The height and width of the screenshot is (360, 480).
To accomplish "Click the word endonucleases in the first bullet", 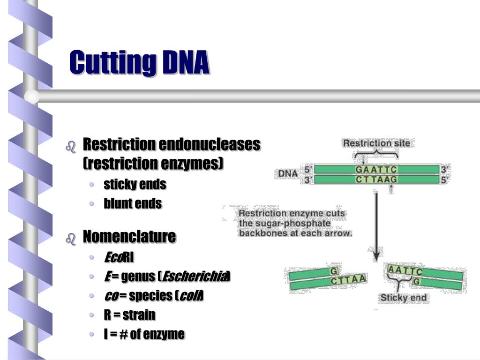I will point(210,144).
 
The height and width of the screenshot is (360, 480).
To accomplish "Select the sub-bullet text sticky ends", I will point(135,184).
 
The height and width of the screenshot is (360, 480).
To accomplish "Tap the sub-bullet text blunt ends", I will point(133,203).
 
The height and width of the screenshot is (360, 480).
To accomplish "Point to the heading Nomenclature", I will point(129,236).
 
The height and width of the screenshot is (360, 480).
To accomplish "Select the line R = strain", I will point(129,315).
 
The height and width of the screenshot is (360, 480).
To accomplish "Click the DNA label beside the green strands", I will point(288,173).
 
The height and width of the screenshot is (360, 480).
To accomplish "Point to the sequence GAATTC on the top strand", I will point(376,169).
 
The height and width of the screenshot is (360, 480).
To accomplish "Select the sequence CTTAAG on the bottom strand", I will point(376,179).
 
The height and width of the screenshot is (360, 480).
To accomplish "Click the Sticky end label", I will point(403,298).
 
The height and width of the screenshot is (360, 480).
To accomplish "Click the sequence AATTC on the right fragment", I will point(405,270).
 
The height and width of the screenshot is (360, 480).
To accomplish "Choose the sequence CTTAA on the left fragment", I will point(348,280).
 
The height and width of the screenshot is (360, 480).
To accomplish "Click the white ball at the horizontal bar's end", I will point(32,97).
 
